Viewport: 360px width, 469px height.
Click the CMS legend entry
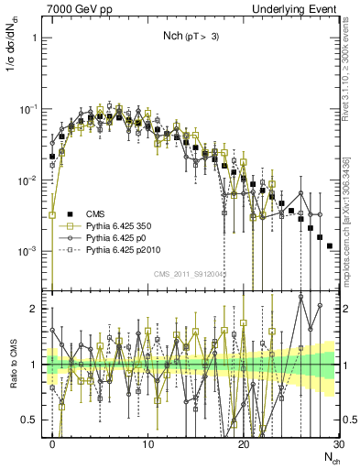coord(94,214)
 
